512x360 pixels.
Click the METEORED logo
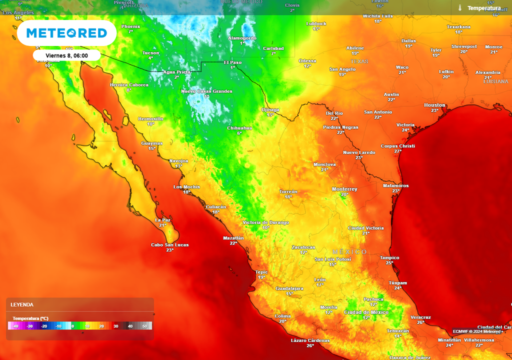(66, 33)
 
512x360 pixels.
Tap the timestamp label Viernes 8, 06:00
(66, 55)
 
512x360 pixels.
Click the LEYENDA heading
(22, 304)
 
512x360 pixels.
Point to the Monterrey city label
(344, 189)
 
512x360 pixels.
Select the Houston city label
(434, 105)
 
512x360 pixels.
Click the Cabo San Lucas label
(169, 244)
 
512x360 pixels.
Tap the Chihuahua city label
(239, 128)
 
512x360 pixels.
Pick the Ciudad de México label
(366, 312)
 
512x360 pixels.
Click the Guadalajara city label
(289, 288)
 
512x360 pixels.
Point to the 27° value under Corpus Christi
(397, 151)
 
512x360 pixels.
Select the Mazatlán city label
(233, 238)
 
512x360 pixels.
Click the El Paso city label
(232, 62)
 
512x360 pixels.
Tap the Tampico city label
(389, 257)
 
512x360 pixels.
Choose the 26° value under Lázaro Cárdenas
(310, 345)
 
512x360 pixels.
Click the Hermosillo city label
(150, 118)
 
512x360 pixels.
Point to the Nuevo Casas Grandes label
(206, 91)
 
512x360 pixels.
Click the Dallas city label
(408, 40)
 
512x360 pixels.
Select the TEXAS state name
(359, 61)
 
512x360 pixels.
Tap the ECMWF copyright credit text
(477, 331)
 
